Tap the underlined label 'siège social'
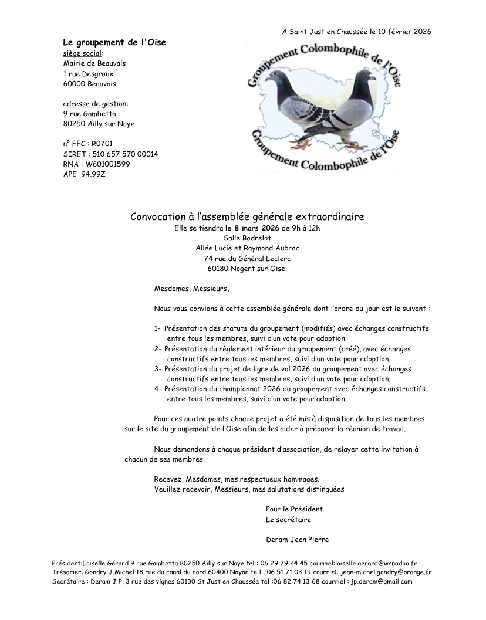(82, 53)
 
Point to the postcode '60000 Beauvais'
(89, 84)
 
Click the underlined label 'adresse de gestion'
(94, 104)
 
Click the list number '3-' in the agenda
(157, 369)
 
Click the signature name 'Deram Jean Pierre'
(297, 540)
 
